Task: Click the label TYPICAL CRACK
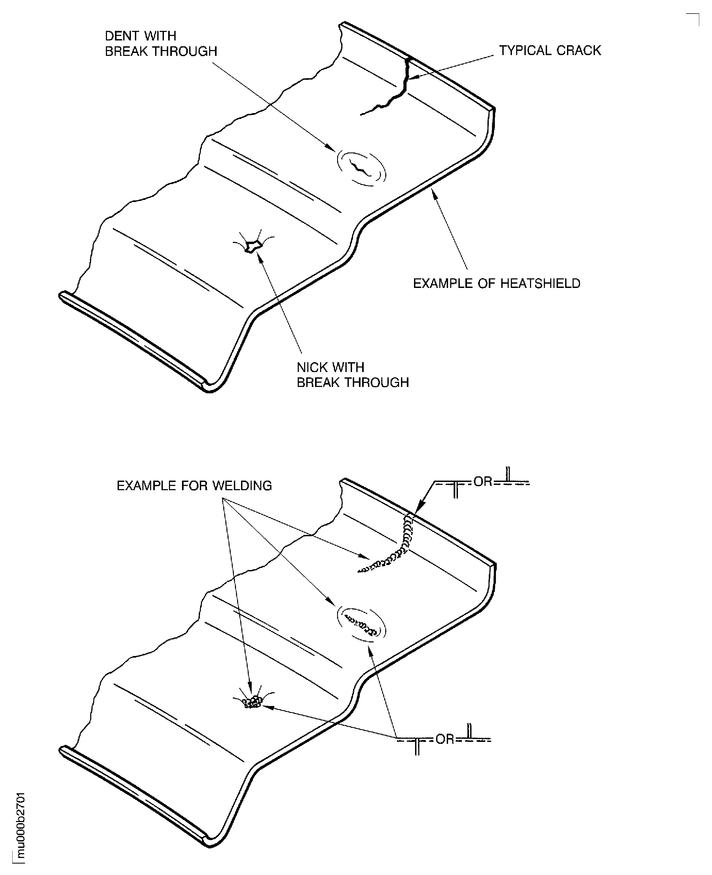click(550, 51)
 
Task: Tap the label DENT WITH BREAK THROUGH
click(161, 43)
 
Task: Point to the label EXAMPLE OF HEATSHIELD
click(496, 283)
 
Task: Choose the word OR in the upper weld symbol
click(483, 482)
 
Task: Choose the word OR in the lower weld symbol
click(445, 739)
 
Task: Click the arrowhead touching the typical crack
click(413, 77)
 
